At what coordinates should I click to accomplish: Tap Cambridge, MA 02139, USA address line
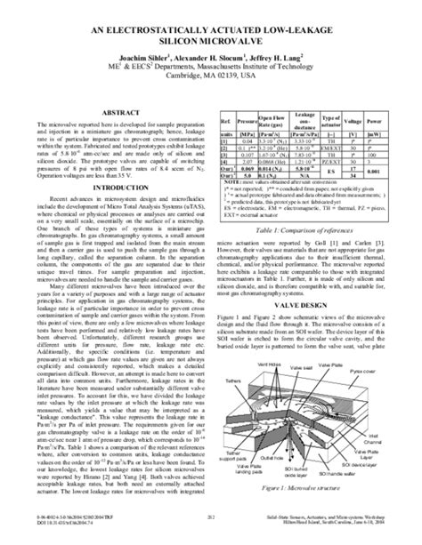pyautogui.click(x=210, y=76)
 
